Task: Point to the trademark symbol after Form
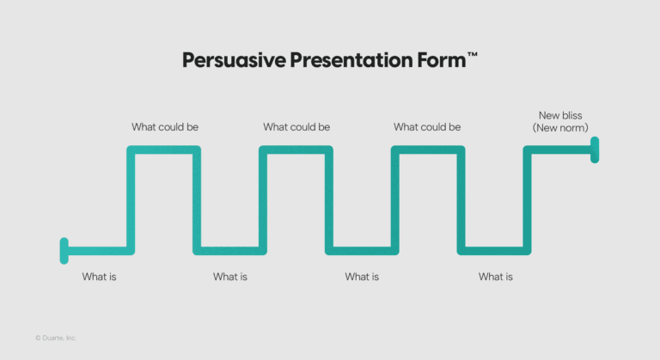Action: (x=472, y=55)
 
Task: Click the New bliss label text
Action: (x=560, y=115)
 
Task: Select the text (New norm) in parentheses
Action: (x=560, y=128)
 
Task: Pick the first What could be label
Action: (x=165, y=127)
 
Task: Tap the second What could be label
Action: (x=296, y=127)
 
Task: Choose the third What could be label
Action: (x=427, y=127)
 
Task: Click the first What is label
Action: (x=99, y=277)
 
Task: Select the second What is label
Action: (x=230, y=277)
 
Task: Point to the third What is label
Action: (x=362, y=277)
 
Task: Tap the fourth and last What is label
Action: (x=495, y=277)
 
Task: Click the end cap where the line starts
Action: (x=64, y=251)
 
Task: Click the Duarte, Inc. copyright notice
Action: (x=56, y=339)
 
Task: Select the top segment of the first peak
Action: (x=164, y=150)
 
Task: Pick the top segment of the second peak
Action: (x=296, y=150)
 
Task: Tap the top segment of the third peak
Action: (x=427, y=150)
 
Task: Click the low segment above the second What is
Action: (x=229, y=251)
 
